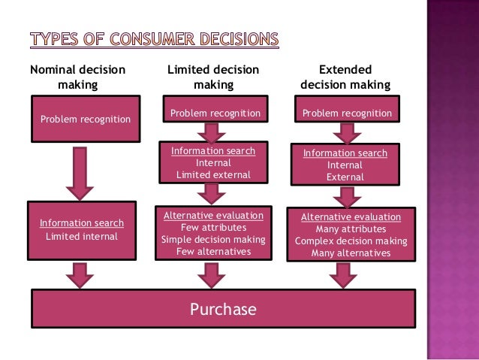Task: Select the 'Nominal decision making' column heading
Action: (x=77, y=77)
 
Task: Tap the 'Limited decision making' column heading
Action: (x=213, y=77)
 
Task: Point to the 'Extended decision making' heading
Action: (x=345, y=77)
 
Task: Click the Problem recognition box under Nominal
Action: (x=85, y=119)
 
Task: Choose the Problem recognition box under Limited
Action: (x=215, y=113)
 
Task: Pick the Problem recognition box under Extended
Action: (x=347, y=113)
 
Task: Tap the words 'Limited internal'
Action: (x=82, y=237)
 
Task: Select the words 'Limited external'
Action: (x=213, y=175)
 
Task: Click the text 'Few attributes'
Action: (x=213, y=228)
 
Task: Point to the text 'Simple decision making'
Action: (x=213, y=240)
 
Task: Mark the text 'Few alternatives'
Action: (x=213, y=252)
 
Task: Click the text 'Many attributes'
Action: (x=351, y=229)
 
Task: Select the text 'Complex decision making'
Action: (x=351, y=241)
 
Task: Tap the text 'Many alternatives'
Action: (x=351, y=253)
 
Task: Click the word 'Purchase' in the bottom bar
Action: (x=223, y=310)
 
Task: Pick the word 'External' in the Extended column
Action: (x=345, y=177)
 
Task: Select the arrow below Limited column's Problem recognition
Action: (x=213, y=133)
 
